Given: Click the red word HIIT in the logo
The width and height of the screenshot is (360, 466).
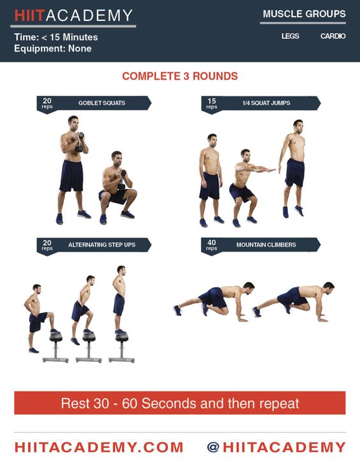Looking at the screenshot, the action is [x=30, y=15].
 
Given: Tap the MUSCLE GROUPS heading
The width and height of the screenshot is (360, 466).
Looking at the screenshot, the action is [x=304, y=13].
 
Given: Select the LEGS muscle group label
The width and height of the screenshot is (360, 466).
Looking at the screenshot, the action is [x=290, y=36].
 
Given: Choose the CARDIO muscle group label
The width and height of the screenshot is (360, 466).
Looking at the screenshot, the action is [x=333, y=36].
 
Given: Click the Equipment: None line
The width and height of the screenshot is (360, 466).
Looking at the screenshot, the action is [x=52, y=49].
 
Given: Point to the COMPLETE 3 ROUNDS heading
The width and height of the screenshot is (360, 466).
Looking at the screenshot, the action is [x=180, y=76].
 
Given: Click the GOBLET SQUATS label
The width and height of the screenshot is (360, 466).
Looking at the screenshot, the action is [x=101, y=103].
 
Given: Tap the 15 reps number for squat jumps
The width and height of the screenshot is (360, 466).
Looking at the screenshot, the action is [x=212, y=101].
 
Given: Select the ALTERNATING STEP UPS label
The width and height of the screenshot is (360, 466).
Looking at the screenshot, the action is [x=101, y=245].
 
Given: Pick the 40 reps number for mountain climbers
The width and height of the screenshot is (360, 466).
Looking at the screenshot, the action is [x=211, y=243].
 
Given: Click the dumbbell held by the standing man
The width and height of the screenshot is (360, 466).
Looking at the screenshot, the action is [x=79, y=142].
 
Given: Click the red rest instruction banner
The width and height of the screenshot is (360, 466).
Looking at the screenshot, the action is [x=180, y=403].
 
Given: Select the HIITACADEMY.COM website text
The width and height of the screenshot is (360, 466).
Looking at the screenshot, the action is [x=99, y=447].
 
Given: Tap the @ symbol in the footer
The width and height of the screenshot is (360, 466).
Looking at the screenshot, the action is [x=213, y=447].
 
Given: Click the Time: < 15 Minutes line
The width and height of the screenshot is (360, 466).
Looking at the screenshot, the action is [x=56, y=37].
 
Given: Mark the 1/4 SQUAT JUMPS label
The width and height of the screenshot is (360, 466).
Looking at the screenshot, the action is [x=266, y=103].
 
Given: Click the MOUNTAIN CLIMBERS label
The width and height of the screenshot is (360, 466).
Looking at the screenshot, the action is [x=266, y=245].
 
